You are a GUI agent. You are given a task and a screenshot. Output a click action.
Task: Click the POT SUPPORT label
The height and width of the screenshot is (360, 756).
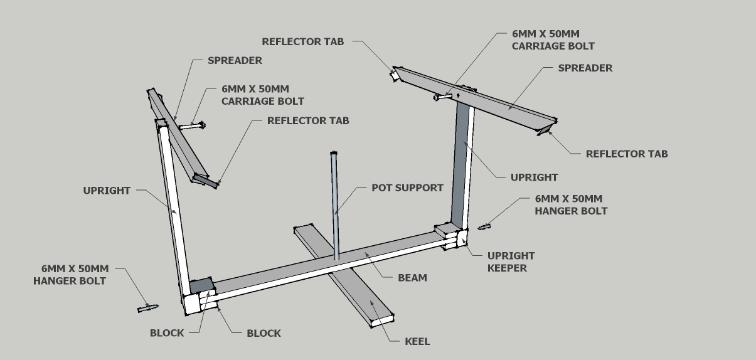coord(407,188)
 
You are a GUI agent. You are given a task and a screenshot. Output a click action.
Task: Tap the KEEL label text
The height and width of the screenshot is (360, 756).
coord(417,341)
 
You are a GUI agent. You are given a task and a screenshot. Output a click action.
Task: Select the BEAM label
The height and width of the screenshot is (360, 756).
coord(412,277)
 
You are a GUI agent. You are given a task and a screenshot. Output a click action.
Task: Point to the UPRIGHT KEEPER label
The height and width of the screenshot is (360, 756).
coord(511,262)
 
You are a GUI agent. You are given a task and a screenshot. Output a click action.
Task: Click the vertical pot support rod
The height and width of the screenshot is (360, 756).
coord(335,207)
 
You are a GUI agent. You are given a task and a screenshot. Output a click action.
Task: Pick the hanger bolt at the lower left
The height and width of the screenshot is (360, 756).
coord(147,307)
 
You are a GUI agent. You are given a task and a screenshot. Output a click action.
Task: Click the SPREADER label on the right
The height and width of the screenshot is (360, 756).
coord(585,68)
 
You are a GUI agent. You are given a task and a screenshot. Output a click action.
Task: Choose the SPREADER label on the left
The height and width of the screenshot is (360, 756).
coord(235,61)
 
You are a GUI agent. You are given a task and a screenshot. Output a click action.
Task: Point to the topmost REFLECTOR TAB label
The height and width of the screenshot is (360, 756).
coord(303,42)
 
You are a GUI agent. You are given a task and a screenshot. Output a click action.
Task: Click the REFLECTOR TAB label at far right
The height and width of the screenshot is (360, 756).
coord(626,154)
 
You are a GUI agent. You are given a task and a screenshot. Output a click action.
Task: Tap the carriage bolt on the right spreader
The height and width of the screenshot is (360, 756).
coord(444,97)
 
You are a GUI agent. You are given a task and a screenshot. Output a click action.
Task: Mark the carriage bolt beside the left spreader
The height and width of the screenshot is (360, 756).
coord(191,126)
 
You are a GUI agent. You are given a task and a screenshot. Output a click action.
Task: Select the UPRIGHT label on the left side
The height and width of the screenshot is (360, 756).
coord(107,191)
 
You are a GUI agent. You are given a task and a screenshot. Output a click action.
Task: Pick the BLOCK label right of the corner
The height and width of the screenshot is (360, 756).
coord(264,333)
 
